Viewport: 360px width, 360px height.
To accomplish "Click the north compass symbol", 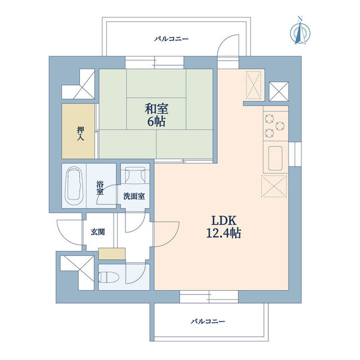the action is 300,31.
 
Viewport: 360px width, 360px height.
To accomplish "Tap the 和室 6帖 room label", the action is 156,115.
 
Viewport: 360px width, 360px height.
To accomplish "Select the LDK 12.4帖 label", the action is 224,227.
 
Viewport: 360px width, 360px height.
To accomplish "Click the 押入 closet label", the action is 80,133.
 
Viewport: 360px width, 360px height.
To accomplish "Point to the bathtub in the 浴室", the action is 74,186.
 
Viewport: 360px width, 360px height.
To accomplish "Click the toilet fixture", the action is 109,277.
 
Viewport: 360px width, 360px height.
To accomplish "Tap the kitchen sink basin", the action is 275,159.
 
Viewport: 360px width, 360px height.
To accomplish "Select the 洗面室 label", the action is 134,196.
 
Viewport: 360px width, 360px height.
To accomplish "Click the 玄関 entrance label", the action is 98,232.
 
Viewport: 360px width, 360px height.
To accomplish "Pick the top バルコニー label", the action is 171,39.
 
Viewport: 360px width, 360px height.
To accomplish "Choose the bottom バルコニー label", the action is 208,321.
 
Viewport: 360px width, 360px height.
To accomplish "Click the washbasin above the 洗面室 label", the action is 135,175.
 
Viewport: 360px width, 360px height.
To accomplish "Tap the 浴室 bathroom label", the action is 100,188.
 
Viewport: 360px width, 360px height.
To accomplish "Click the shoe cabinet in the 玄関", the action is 112,254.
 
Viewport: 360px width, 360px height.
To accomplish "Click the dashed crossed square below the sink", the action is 274,186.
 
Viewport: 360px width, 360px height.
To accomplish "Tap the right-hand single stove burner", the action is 280,126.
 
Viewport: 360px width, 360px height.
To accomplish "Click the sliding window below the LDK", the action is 209,296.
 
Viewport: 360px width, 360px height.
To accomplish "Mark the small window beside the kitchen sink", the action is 295,154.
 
